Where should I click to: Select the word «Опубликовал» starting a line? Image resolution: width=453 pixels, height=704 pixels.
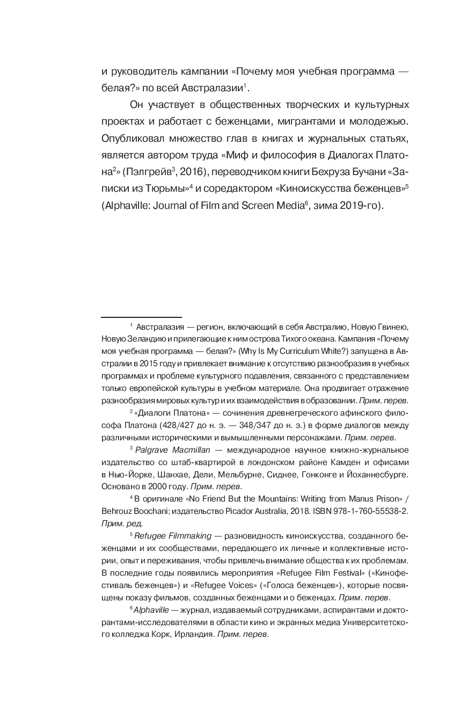coord(131,139)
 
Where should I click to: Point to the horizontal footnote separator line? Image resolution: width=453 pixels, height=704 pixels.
coord(142,317)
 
